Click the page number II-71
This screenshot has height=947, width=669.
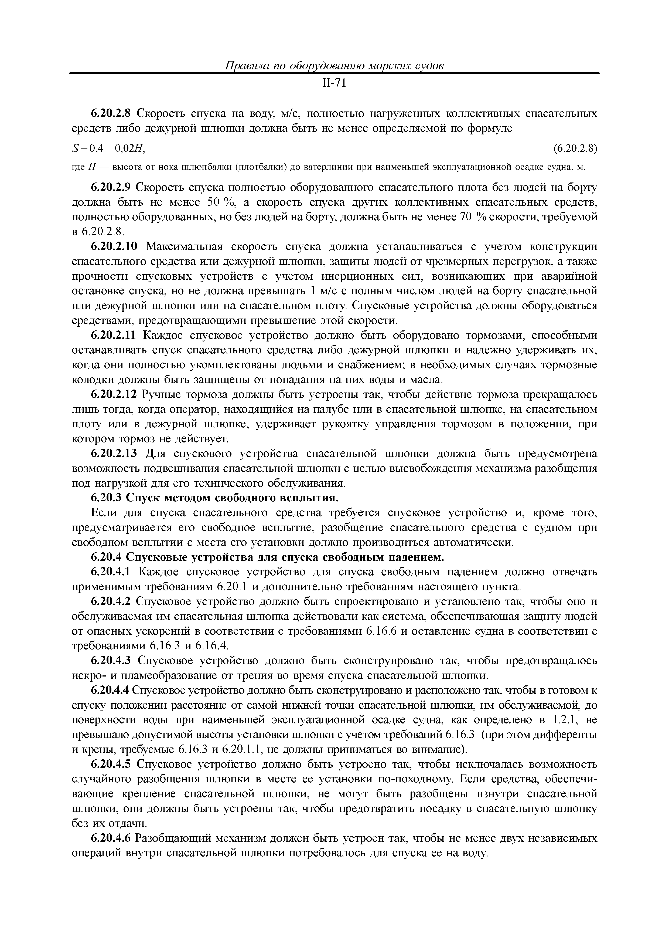coord(334,83)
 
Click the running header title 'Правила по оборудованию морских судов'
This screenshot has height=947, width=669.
coord(334,66)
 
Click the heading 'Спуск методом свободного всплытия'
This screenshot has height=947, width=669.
coord(232,498)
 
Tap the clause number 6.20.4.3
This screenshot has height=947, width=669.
coord(111,661)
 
